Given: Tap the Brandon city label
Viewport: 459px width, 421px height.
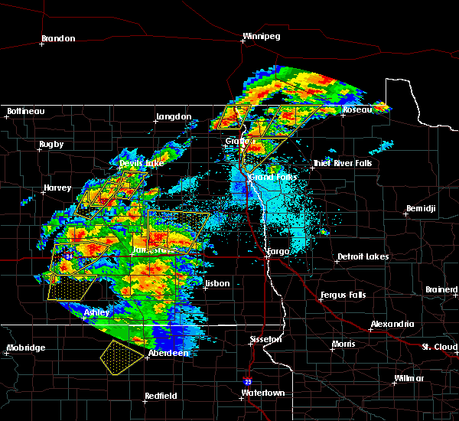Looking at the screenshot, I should click(x=58, y=38).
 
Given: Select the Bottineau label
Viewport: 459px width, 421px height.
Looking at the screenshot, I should click(x=25, y=112).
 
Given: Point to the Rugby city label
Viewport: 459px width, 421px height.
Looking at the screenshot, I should click(x=52, y=145).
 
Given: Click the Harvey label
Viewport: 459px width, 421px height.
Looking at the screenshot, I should click(x=57, y=188).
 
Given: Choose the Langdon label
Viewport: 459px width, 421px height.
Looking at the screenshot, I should click(x=174, y=117).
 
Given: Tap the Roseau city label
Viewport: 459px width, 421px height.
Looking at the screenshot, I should click(x=356, y=110).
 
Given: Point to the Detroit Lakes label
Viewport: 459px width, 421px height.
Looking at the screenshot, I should click(x=363, y=257).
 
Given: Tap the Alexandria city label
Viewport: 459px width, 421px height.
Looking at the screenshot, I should click(x=392, y=325).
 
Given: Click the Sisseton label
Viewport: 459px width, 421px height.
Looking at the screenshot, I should click(x=267, y=339).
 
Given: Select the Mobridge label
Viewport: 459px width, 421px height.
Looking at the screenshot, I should click(x=26, y=348).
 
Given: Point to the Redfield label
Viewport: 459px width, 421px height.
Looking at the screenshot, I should click(x=161, y=396).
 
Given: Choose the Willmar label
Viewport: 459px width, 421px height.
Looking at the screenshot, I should click(x=409, y=379).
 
